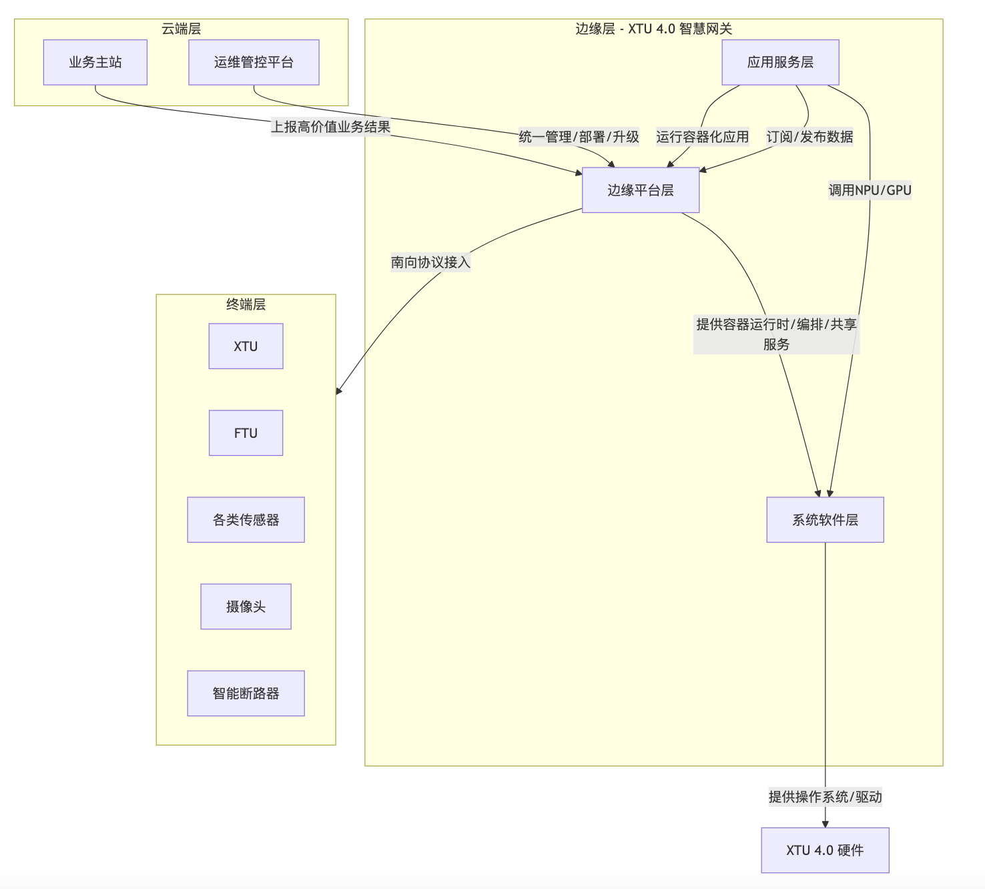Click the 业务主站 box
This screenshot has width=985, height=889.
click(x=95, y=62)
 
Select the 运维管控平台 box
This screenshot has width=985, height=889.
click(x=254, y=62)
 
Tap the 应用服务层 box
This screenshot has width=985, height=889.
click(x=780, y=62)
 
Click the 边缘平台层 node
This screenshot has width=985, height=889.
click(x=641, y=190)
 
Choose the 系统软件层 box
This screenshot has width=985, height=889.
click(x=825, y=520)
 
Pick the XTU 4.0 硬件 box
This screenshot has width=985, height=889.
click(x=825, y=850)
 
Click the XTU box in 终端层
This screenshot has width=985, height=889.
click(x=246, y=346)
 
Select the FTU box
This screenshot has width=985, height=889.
click(x=246, y=433)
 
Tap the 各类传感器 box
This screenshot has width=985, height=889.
click(x=246, y=520)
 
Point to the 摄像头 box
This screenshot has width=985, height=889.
click(x=246, y=607)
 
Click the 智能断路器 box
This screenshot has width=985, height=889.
click(x=246, y=693)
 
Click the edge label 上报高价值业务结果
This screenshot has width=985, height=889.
click(x=330, y=127)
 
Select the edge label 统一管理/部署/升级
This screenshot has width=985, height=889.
click(x=579, y=137)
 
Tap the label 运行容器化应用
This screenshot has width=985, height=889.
click(x=702, y=137)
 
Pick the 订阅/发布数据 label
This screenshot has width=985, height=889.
click(x=809, y=137)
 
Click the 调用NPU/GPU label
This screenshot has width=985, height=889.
click(x=870, y=190)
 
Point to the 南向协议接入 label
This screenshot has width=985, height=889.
click(x=430, y=262)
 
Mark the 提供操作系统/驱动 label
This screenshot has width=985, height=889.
click(x=825, y=797)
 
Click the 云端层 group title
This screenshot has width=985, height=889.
click(x=181, y=29)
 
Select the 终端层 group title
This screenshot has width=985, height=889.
click(x=246, y=304)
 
